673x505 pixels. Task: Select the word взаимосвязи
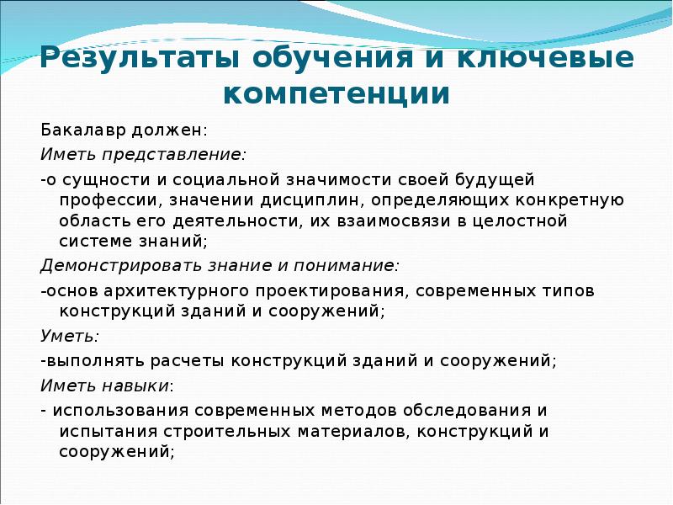pos(414,222)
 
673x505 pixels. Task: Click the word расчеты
pos(189,361)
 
